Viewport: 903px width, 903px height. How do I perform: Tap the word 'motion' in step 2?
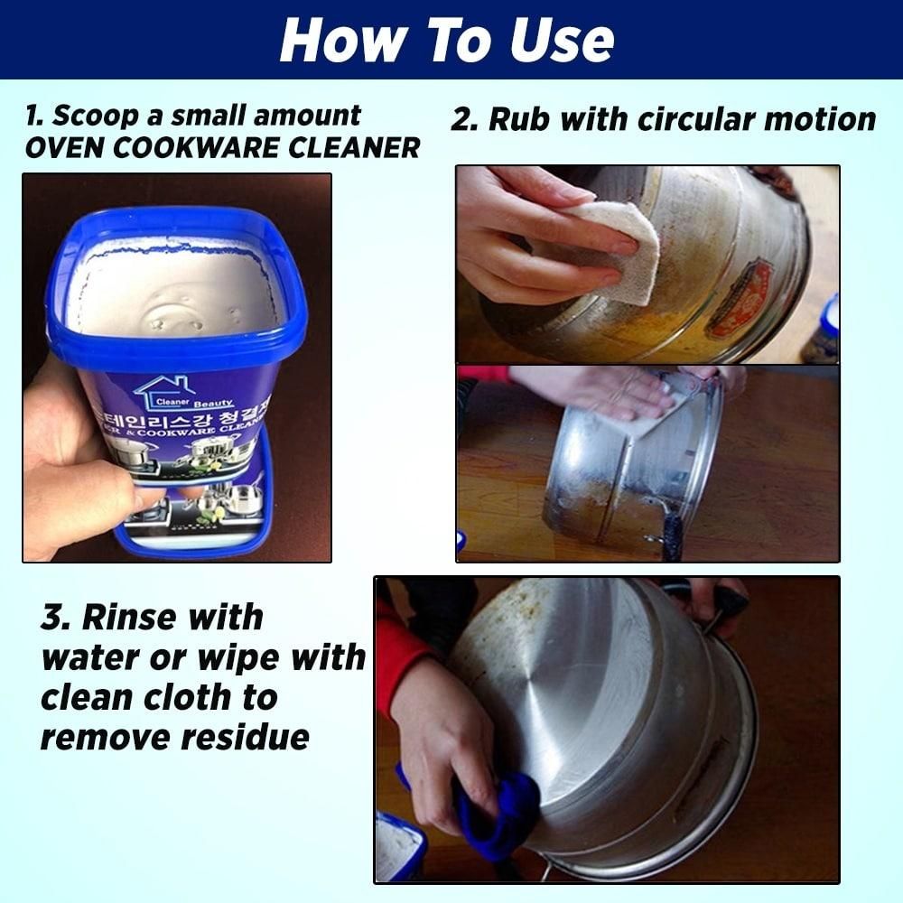pos(821,119)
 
